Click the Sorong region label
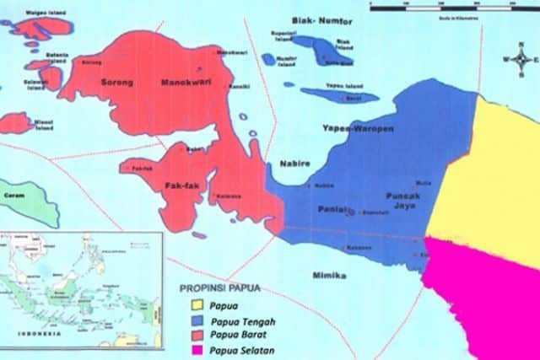click(x=117, y=83)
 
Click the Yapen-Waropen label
click(x=352, y=128)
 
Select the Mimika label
click(x=329, y=275)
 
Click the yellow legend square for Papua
click(x=197, y=304)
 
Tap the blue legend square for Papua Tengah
click(x=197, y=320)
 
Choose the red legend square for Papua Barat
click(x=197, y=335)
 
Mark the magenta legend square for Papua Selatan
click(x=197, y=350)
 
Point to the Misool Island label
click(x=44, y=124)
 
